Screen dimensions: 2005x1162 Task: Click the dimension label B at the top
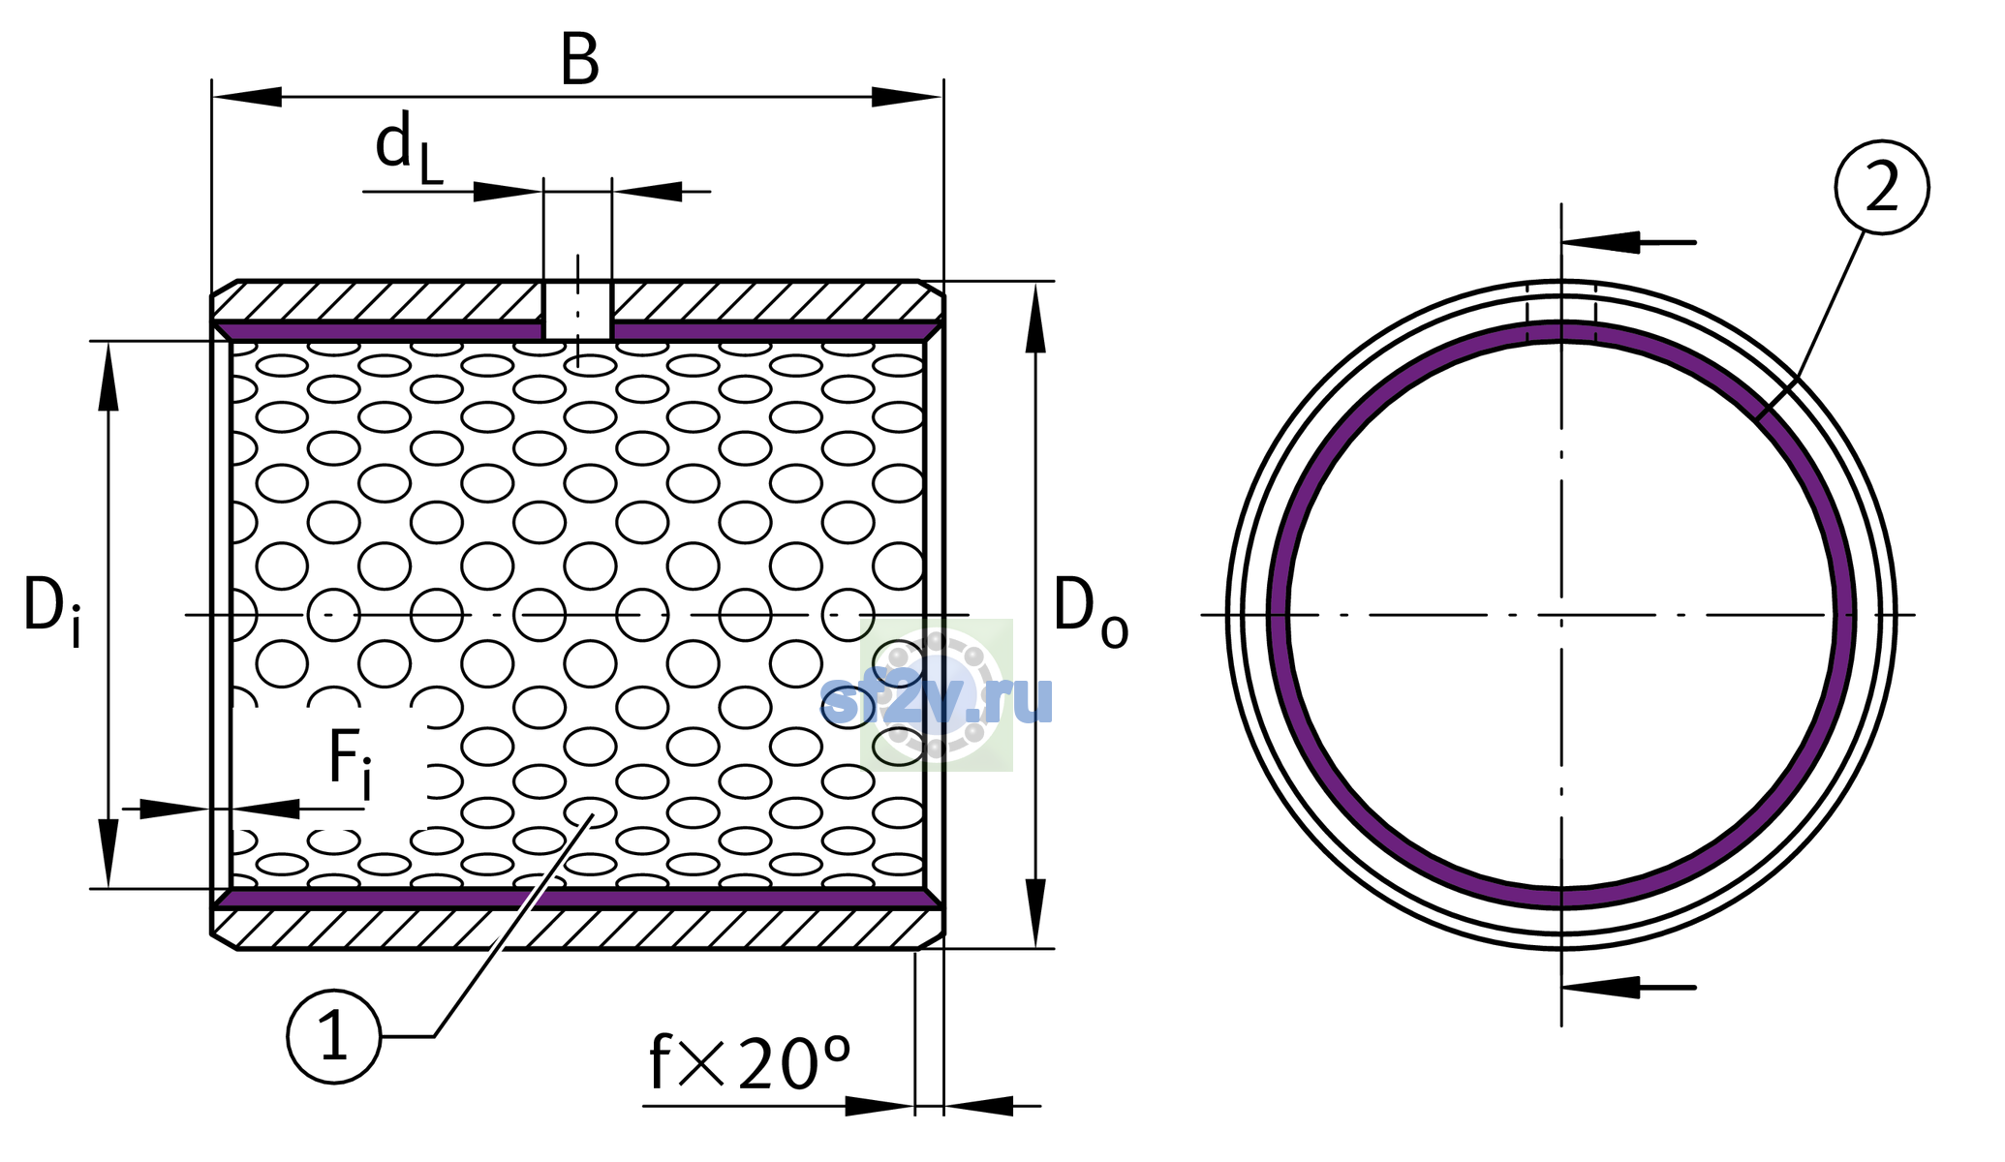[580, 60]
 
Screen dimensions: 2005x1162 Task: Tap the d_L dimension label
[409, 147]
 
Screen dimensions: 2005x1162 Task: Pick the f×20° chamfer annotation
[750, 1063]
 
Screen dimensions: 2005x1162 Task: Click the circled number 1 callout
[334, 1036]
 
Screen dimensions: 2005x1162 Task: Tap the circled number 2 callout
[1882, 187]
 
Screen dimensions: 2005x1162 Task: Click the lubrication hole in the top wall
[577, 310]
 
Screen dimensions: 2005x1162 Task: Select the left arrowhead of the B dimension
[247, 97]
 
